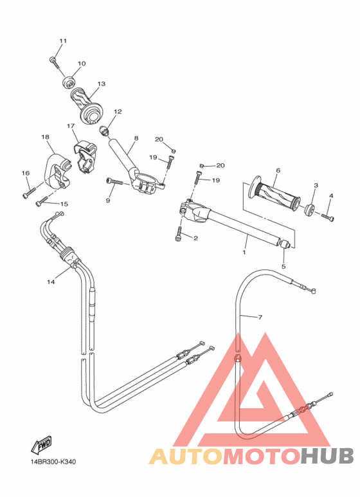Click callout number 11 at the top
point(63,41)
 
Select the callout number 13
point(102,84)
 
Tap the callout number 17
point(71,126)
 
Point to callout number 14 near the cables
point(51,282)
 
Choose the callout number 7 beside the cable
point(260,317)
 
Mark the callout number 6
point(278,170)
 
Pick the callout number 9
point(108,201)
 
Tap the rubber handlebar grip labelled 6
point(276,194)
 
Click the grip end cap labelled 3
point(309,208)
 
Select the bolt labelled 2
point(178,238)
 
